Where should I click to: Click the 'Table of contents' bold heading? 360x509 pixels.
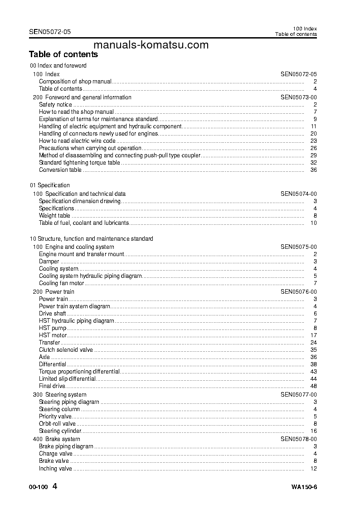(x=63, y=54)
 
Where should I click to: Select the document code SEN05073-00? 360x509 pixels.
(x=298, y=97)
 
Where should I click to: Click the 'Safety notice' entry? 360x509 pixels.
(x=55, y=105)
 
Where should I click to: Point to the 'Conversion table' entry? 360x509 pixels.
(x=60, y=170)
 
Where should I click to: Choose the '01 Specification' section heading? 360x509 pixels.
(x=50, y=185)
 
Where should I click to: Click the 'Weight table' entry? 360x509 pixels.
(x=54, y=216)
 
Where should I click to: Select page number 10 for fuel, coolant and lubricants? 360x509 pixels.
(x=313, y=223)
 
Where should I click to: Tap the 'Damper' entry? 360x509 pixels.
(x=49, y=262)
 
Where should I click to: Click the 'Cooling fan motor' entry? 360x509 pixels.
(x=62, y=283)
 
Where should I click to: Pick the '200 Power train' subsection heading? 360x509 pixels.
(x=54, y=292)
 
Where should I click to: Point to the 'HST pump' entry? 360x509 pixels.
(x=53, y=328)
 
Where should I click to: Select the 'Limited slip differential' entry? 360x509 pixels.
(x=67, y=379)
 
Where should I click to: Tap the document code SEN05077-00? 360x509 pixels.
(x=298, y=395)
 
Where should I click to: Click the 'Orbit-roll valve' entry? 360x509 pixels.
(x=57, y=424)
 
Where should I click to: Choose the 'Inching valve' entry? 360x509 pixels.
(x=55, y=469)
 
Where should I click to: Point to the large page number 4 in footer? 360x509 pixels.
(x=55, y=487)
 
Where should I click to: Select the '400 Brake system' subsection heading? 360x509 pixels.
(x=56, y=439)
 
